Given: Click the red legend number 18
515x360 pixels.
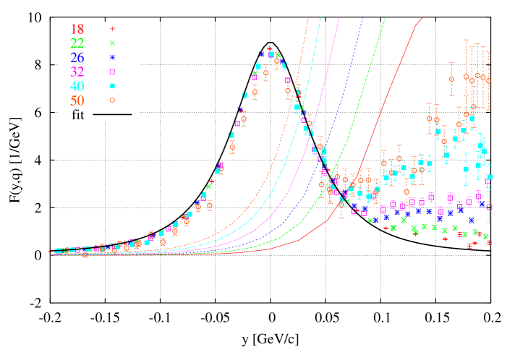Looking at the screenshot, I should (77, 30).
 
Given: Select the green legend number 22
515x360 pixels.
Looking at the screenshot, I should (77, 43).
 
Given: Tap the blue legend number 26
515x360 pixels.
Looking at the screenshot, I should (77, 58).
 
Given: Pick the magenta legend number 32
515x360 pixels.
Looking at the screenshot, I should (77, 72).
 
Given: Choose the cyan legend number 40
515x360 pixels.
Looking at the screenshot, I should (77, 86).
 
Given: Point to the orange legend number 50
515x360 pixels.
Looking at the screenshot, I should (77, 100).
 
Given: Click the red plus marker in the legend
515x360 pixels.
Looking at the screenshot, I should (112, 29).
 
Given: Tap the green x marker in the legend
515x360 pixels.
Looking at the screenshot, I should (112, 43).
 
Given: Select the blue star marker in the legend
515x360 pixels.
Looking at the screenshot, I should (112, 57).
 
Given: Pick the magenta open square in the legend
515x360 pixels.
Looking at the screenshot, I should (112, 72).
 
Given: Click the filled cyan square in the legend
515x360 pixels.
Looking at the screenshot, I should (112, 86).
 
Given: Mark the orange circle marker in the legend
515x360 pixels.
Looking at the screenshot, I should (112, 100).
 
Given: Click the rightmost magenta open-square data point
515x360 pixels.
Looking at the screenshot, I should (489, 207).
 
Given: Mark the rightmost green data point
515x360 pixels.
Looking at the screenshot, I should (485, 236).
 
